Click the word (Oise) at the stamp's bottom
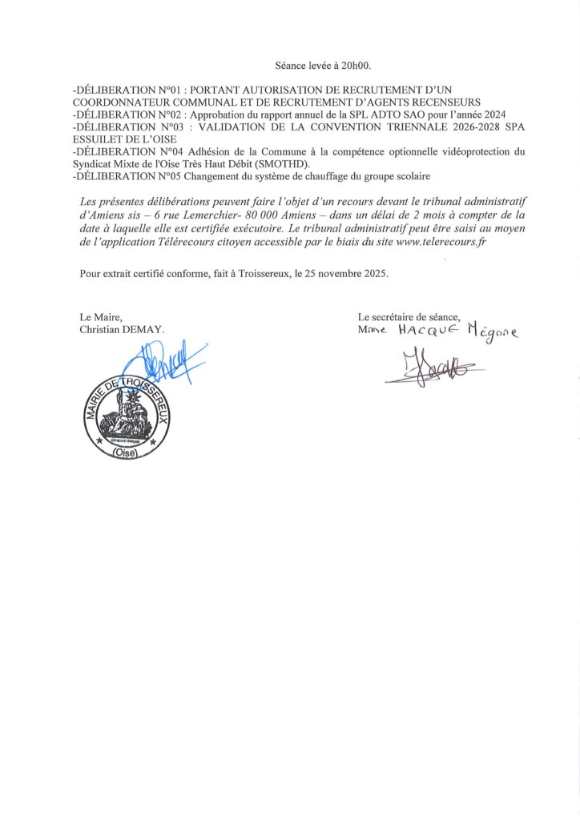[x=126, y=453]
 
